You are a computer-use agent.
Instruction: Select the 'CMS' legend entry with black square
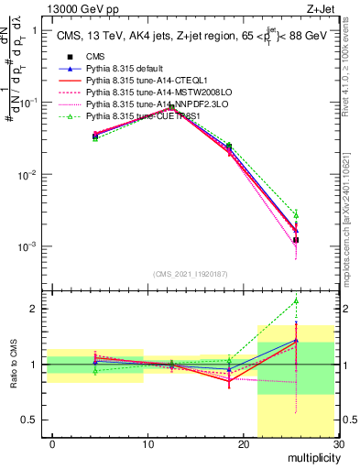coord(96,57)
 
